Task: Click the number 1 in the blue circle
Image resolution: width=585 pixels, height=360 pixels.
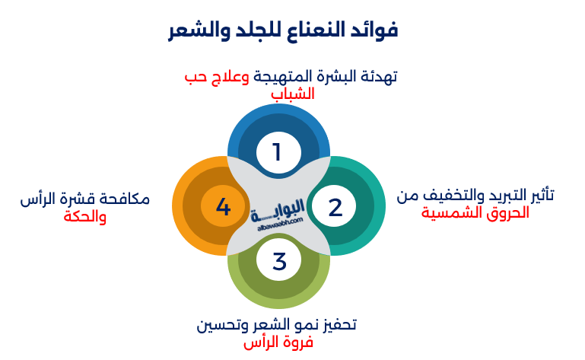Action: [x=277, y=152]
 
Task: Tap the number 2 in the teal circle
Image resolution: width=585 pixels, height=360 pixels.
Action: [x=335, y=206]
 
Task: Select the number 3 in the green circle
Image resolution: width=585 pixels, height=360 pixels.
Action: [x=278, y=261]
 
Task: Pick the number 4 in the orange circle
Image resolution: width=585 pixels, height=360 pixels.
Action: [x=223, y=206]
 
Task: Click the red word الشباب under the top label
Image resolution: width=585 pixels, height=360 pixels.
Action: [x=292, y=94]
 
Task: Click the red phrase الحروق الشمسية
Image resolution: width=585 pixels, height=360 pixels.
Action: [x=475, y=213]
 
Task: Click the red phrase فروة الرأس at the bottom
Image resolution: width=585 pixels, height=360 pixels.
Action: [x=278, y=342]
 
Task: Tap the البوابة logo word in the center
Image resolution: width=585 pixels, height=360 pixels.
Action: [x=277, y=206]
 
